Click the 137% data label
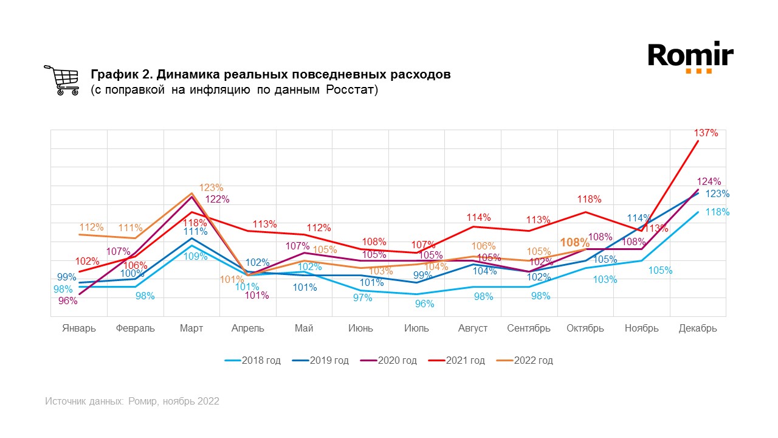706,133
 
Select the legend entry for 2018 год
252,361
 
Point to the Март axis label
191,328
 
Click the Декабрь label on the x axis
698,328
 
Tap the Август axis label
473,328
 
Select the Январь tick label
79,328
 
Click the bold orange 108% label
574,243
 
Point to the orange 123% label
212,188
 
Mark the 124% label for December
709,181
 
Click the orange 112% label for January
91,228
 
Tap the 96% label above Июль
424,304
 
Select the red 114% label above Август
478,218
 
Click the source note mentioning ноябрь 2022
132,401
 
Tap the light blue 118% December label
717,212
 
